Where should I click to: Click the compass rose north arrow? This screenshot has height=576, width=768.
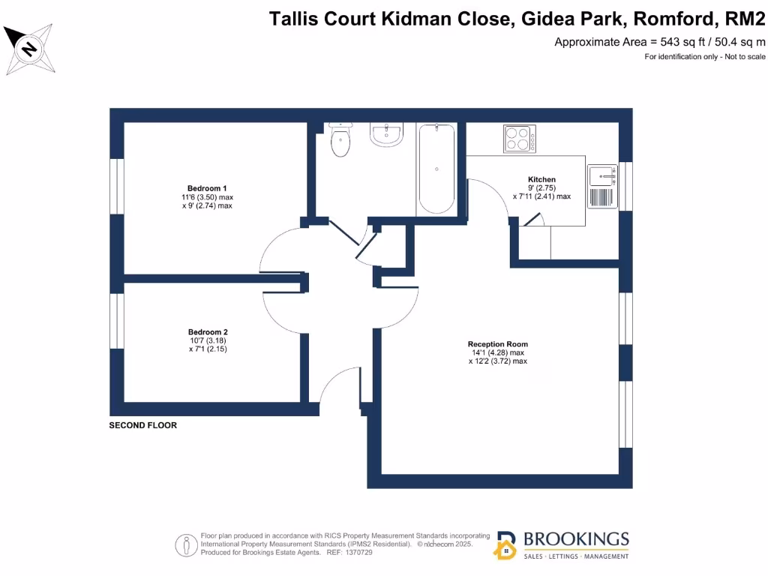point(29,49)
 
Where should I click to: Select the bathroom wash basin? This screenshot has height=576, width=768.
point(388,135)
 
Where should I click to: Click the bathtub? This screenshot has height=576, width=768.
point(436,169)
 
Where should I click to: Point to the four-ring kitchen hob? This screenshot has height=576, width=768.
point(519,138)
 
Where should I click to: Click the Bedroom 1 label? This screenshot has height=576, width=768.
point(207,188)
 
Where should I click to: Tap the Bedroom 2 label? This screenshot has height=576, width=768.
point(208,332)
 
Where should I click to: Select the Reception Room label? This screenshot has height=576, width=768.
point(497,344)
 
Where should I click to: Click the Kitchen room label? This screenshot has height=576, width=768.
point(541,179)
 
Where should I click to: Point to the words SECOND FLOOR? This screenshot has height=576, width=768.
point(143,425)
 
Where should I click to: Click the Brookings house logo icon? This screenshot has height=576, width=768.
point(505,546)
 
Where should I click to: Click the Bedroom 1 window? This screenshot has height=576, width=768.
point(116,187)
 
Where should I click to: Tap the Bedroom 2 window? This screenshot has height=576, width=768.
point(116,320)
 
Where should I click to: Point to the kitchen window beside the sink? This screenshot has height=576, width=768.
point(626,186)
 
